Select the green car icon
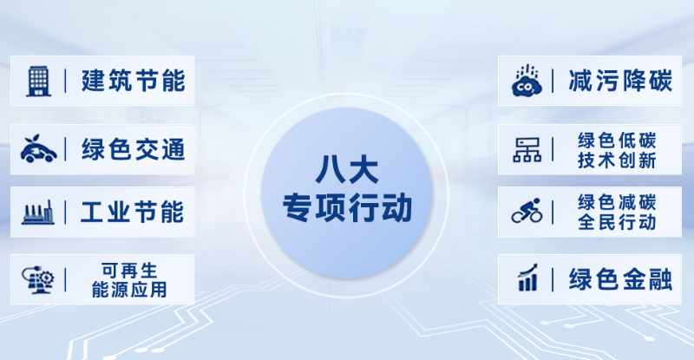point(40,147)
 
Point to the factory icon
point(40,212)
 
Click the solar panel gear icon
point(39,279)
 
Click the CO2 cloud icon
point(527,81)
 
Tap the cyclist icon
point(527,212)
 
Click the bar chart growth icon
point(527,279)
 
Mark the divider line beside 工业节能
point(66,212)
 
